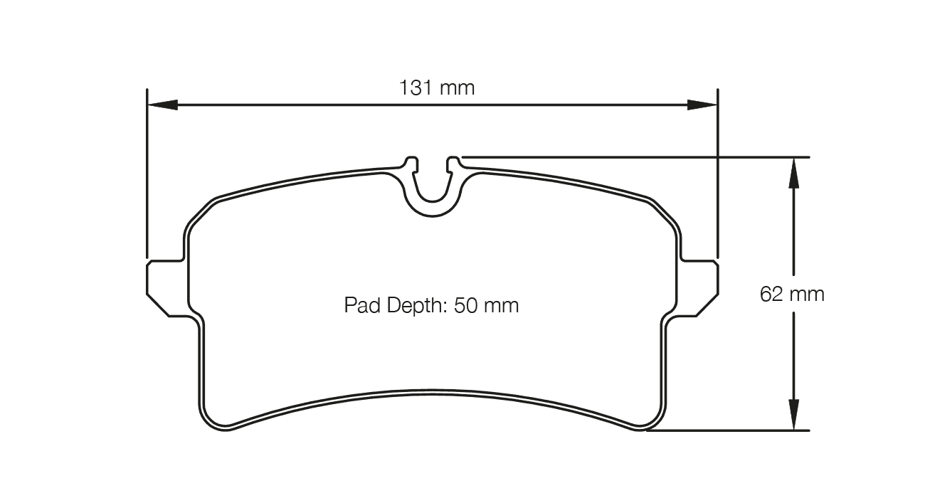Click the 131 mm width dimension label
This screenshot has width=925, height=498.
[437, 88]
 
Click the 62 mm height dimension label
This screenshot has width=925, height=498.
[792, 295]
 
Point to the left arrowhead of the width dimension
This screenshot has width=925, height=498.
[163, 105]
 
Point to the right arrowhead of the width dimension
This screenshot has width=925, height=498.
[702, 105]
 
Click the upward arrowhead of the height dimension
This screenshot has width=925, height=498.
[793, 173]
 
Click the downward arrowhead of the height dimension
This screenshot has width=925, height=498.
[793, 415]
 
